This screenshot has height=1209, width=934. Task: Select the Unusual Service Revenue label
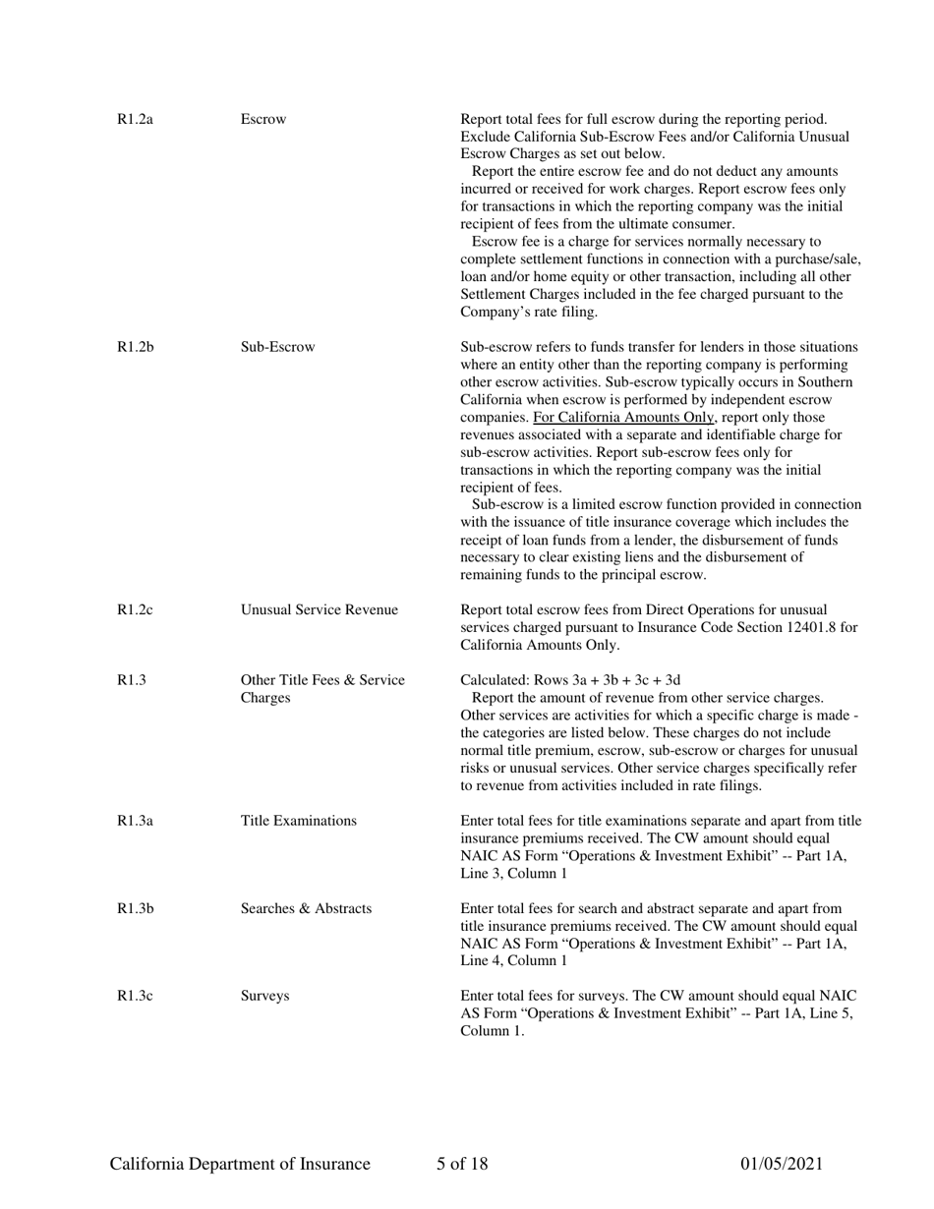coord(320,610)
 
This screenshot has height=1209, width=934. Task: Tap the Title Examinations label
coord(299,821)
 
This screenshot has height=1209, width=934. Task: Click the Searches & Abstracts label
coord(306,908)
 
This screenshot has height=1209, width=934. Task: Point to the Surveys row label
coord(264,996)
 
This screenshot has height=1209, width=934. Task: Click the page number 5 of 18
coord(462,1165)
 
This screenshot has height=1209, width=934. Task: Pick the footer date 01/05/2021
coord(781,1165)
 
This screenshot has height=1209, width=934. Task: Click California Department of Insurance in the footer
coord(240,1165)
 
